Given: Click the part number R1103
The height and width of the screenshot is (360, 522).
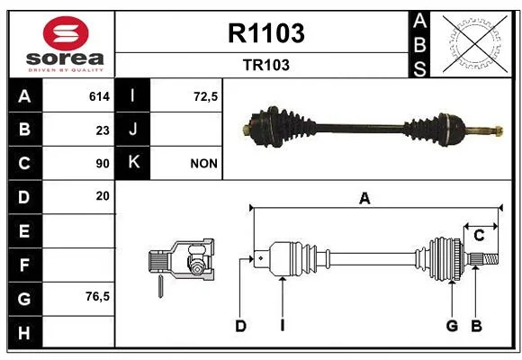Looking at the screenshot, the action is tap(266, 33).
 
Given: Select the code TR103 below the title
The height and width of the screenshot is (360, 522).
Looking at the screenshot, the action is tap(266, 65).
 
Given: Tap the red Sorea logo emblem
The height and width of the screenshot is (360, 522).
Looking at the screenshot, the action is tap(66, 33).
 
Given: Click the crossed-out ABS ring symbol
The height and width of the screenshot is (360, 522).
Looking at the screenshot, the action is tap(475, 43).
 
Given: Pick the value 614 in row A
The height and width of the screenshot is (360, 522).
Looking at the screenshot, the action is tap(99, 96).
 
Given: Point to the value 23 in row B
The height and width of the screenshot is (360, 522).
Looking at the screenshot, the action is tap(103, 130).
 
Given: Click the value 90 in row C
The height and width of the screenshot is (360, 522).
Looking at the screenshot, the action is tap(103, 164).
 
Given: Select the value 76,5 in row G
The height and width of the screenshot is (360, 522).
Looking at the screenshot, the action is tap(97, 296).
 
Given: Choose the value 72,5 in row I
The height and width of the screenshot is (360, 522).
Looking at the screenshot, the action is tap(206, 96).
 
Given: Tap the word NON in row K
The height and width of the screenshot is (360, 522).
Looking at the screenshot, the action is tap(204, 164).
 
